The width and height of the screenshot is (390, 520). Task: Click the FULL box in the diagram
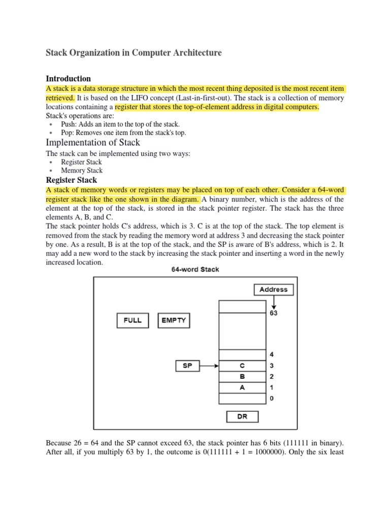(x=133, y=320)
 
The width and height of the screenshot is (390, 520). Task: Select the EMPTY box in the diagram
(x=174, y=320)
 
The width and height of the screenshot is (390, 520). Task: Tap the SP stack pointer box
(x=187, y=365)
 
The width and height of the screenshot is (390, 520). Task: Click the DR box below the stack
(x=242, y=416)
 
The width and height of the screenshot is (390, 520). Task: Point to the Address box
(x=273, y=289)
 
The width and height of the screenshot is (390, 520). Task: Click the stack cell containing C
(x=242, y=365)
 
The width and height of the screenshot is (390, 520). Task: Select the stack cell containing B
(x=242, y=376)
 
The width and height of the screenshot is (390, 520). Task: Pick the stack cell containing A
(x=242, y=387)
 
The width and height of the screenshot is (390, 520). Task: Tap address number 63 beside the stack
(x=273, y=313)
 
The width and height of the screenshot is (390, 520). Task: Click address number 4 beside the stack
(x=271, y=354)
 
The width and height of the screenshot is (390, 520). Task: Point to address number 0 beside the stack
(x=271, y=399)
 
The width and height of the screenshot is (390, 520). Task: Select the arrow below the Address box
(x=273, y=302)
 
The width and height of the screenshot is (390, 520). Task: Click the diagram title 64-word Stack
(x=195, y=269)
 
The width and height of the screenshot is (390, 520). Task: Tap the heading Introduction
(x=68, y=79)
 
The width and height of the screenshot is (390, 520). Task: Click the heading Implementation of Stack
(x=93, y=142)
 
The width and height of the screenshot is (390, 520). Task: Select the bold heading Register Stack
(x=71, y=180)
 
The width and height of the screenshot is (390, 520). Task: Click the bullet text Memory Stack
(x=82, y=171)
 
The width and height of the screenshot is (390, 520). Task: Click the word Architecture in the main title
(x=190, y=53)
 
